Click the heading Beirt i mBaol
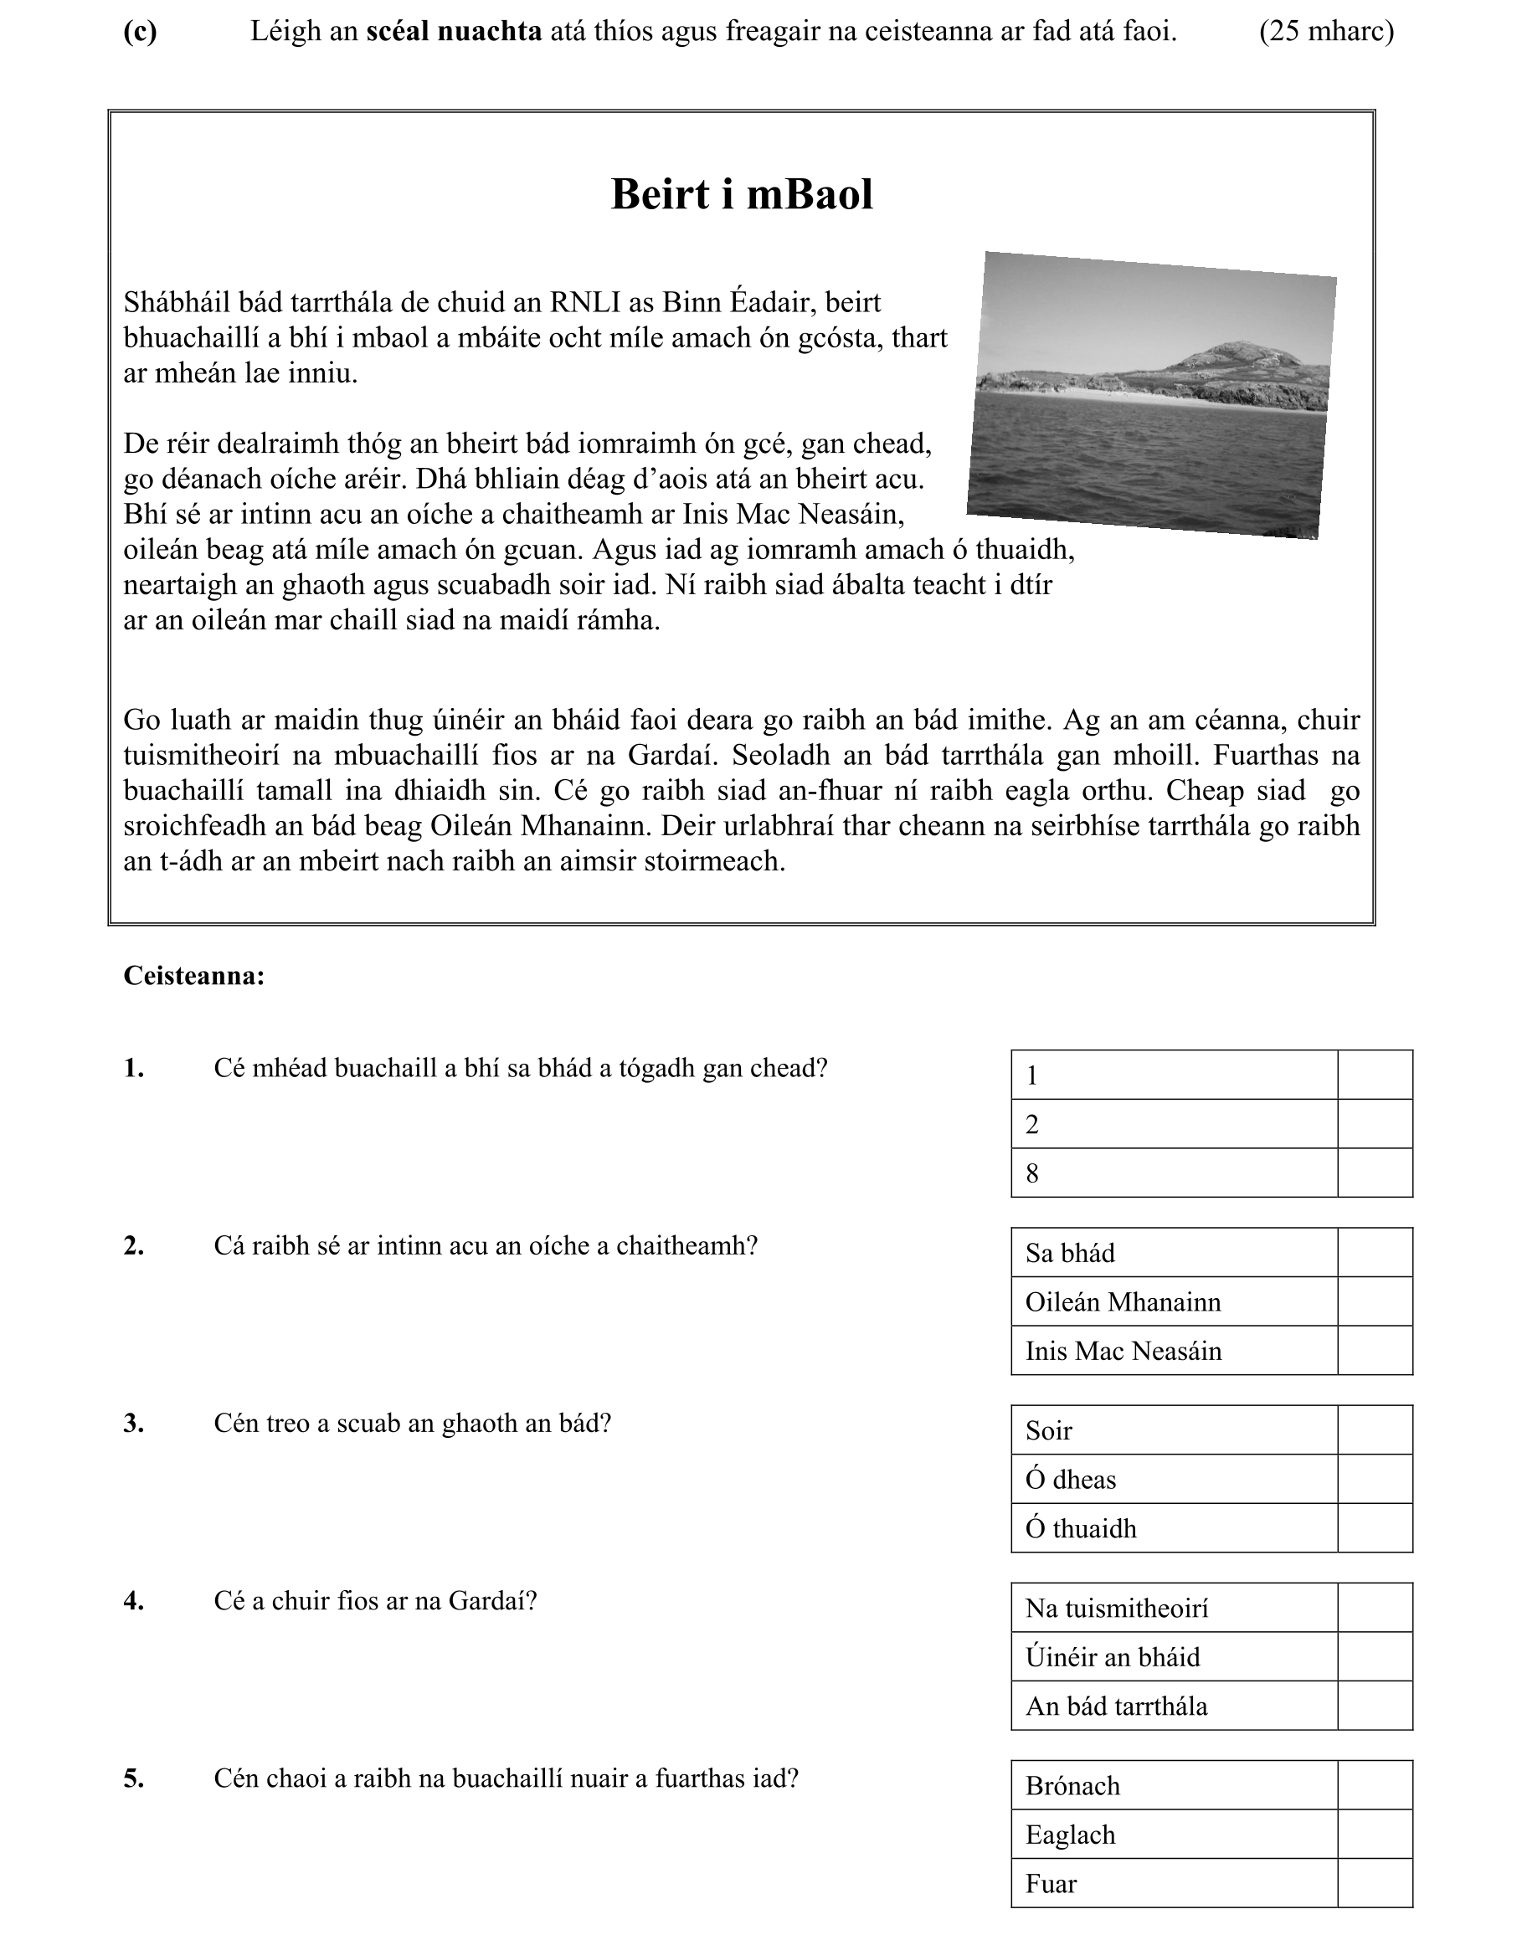[742, 194]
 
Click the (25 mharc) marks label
[1326, 32]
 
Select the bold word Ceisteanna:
[194, 976]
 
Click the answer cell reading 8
[1174, 1173]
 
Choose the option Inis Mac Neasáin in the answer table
[1174, 1352]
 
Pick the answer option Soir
[1174, 1431]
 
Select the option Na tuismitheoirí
[1174, 1609]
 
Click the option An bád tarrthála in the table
[1174, 1706]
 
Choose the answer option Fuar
[1174, 1884]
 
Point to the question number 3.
[134, 1424]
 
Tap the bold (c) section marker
[140, 32]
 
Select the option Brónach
[1174, 1786]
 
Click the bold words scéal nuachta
[454, 32]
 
